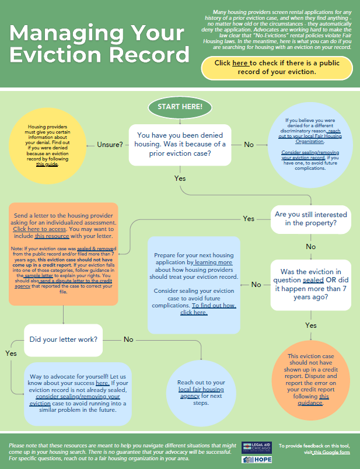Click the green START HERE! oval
click(x=180, y=107)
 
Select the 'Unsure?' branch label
click(x=109, y=144)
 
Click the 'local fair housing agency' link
click(x=201, y=392)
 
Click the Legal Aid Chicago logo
click(x=256, y=447)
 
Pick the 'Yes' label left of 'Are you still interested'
click(x=249, y=219)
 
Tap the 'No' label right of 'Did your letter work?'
click(x=129, y=339)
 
